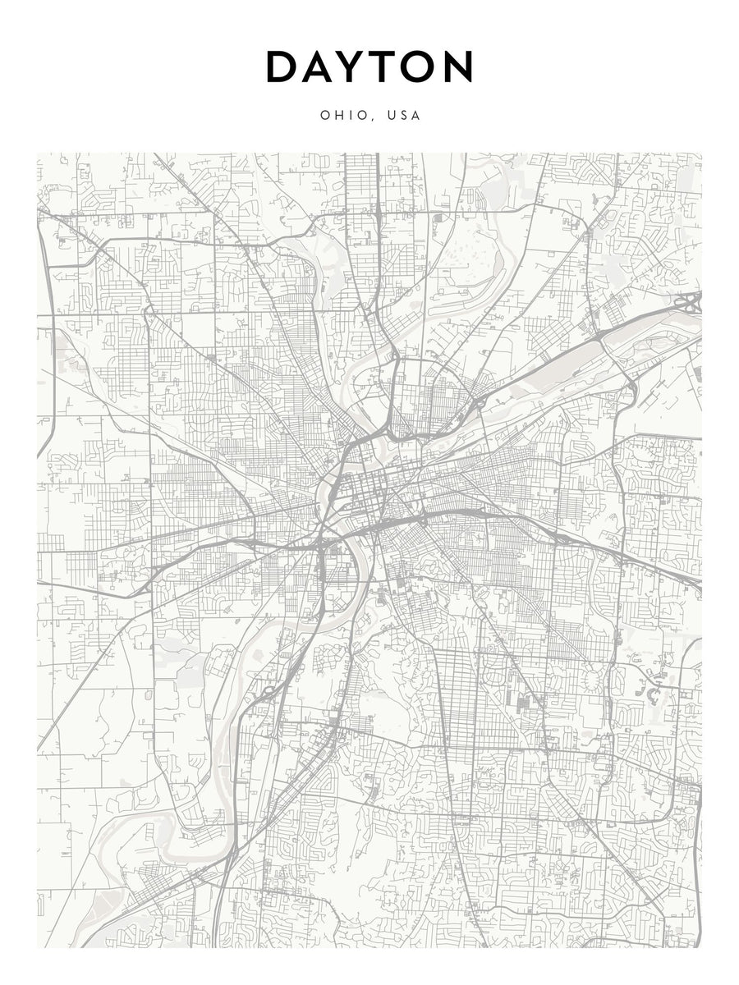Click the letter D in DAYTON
point(284,67)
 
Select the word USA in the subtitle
point(404,116)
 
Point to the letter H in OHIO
point(337,116)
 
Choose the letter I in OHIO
point(350,116)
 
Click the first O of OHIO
point(324,116)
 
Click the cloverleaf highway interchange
point(692,303)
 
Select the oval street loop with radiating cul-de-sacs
point(589,680)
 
